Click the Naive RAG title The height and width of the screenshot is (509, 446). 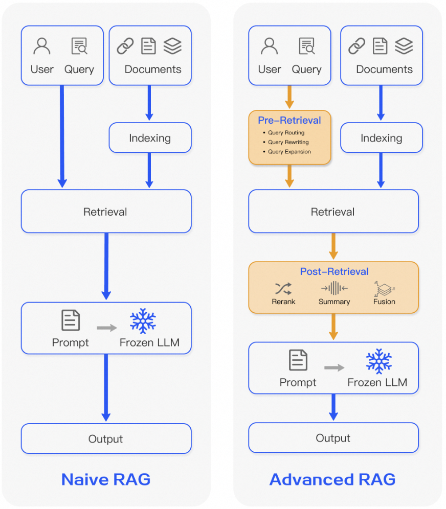point(106,479)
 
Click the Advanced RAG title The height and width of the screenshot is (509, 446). point(332,479)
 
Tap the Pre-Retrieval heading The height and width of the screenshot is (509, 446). point(289,121)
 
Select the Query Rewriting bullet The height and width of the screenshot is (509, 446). point(288,142)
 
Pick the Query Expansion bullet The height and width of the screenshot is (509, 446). point(289,152)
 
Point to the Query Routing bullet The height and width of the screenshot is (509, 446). point(286,133)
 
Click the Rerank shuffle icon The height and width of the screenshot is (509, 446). point(283,288)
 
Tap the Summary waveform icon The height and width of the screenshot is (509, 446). point(334,288)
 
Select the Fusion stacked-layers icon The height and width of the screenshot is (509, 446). point(384,288)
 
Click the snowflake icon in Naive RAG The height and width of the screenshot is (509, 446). point(143,321)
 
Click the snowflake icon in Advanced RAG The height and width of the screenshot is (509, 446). point(379,361)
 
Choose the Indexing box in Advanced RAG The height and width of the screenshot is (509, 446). point(381,138)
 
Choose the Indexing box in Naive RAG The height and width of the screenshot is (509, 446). point(150,138)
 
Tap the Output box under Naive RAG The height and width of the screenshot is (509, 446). point(106,439)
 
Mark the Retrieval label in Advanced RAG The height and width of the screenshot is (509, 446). point(333,212)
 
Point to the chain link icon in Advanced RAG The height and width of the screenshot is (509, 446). point(356,47)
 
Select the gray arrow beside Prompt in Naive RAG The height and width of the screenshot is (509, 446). point(107,328)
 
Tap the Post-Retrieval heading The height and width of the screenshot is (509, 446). point(334,272)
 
